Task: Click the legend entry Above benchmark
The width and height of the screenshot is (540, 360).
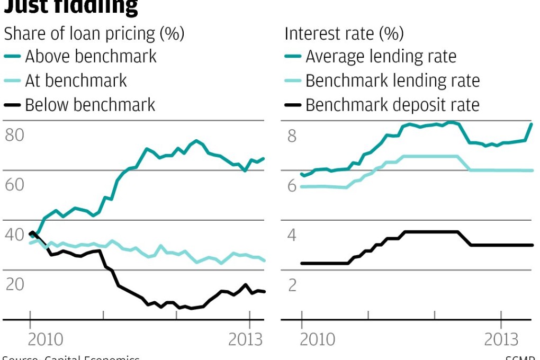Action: pyautogui.click(x=91, y=56)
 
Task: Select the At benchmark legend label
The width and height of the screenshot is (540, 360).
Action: pyautogui.click(x=76, y=80)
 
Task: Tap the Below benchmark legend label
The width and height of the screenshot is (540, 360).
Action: pyautogui.click(x=90, y=105)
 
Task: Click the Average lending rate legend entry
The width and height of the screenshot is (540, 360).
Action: pyautogui.click(x=381, y=56)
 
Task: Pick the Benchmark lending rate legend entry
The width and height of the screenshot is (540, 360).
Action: pyautogui.click(x=392, y=80)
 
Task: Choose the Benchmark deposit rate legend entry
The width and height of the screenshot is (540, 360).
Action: pyautogui.click(x=392, y=105)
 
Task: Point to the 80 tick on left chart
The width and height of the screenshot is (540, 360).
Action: pyautogui.click(x=15, y=136)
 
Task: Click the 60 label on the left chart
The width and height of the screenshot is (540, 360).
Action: pyautogui.click(x=15, y=185)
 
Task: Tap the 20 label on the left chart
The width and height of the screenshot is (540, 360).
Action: pyautogui.click(x=15, y=285)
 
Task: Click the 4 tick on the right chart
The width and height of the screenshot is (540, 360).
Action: pyautogui.click(x=292, y=235)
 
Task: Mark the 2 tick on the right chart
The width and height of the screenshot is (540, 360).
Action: pyautogui.click(x=292, y=285)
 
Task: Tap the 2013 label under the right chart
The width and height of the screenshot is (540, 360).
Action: pyautogui.click(x=501, y=339)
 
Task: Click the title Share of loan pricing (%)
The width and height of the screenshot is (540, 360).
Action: pyautogui.click(x=94, y=34)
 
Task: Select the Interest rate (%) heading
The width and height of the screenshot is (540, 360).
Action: pyautogui.click(x=344, y=34)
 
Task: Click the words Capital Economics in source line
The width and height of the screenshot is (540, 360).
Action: pyautogui.click(x=93, y=358)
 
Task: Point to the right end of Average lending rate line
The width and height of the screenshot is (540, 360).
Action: pyautogui.click(x=530, y=124)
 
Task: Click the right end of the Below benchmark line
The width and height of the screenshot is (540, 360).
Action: pyautogui.click(x=264, y=292)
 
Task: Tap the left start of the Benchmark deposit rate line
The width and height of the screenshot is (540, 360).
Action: pyautogui.click(x=301, y=263)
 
